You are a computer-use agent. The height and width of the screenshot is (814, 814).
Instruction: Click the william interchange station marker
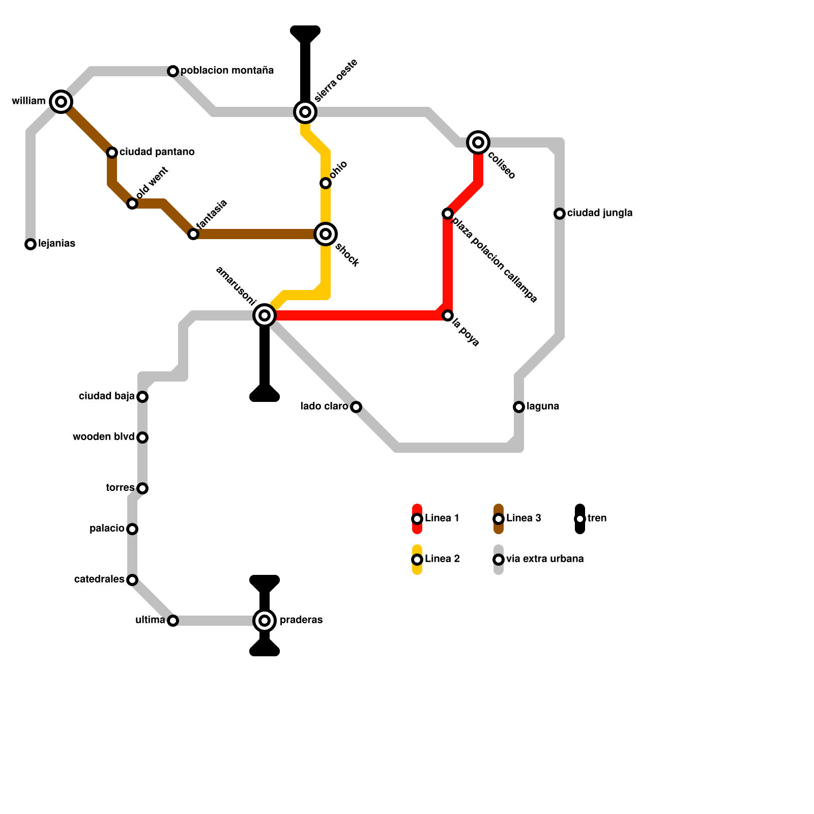pyautogui.click(x=61, y=102)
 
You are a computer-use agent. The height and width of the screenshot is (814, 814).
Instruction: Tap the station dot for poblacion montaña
pyautogui.click(x=173, y=71)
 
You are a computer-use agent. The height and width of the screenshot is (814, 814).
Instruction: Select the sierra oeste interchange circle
pyautogui.click(x=305, y=112)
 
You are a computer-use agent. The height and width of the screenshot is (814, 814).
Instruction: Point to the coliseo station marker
pyautogui.click(x=478, y=142)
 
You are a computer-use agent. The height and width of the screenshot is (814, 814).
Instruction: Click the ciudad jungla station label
pyautogui.click(x=600, y=213)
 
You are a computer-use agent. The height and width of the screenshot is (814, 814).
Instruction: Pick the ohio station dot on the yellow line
pyautogui.click(x=326, y=183)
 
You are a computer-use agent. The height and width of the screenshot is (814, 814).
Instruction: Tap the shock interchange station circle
pyautogui.click(x=326, y=234)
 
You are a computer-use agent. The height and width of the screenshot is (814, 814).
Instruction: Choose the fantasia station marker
pyautogui.click(x=193, y=234)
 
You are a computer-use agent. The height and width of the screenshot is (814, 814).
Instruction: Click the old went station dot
pyautogui.click(x=132, y=203)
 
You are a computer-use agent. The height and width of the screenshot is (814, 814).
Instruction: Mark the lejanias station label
pyautogui.click(x=57, y=244)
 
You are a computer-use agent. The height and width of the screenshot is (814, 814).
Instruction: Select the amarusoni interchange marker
pyautogui.click(x=265, y=315)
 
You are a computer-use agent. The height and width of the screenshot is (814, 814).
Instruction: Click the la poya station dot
pyautogui.click(x=448, y=315)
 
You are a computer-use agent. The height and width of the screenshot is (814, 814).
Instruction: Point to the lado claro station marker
pyautogui.click(x=356, y=407)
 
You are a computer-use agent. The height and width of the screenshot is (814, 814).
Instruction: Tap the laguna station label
pyautogui.click(x=543, y=406)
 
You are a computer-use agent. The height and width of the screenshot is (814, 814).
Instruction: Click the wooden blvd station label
pyautogui.click(x=103, y=437)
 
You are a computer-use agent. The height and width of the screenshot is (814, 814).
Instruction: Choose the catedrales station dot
pyautogui.click(x=132, y=580)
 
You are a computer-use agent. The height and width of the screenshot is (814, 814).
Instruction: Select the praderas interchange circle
pyautogui.click(x=265, y=621)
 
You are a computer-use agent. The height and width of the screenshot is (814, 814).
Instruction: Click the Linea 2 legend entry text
pyautogui.click(x=442, y=559)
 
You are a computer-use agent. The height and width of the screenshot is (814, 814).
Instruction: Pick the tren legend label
pyautogui.click(x=597, y=518)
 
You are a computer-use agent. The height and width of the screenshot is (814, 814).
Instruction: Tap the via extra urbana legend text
pyautogui.click(x=545, y=559)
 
